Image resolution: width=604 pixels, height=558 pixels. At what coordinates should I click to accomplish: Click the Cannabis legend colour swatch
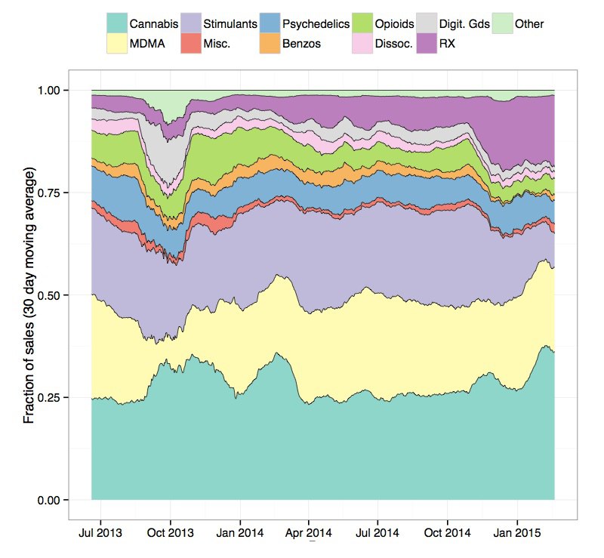pos(117,24)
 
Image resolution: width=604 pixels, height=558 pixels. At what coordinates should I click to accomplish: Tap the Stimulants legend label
pos(228,24)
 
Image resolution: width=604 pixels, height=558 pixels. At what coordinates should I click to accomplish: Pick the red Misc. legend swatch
pos(191,44)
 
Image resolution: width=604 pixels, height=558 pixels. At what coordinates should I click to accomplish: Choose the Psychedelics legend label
pos(315,24)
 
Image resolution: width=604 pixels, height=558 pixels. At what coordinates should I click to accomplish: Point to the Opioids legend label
pos(394,24)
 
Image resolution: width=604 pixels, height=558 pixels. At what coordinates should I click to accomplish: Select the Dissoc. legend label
pos(393,44)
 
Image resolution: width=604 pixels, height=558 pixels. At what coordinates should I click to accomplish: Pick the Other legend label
pos(528,24)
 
